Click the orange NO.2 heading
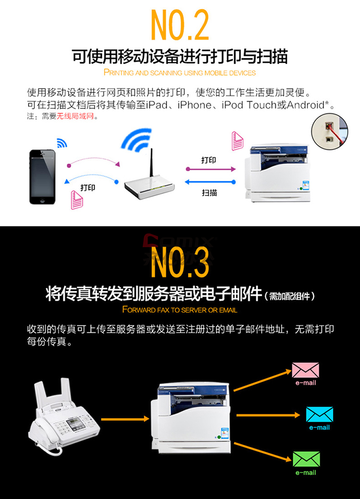(180, 24)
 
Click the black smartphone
(42, 177)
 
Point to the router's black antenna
(152, 163)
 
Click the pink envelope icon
(305, 370)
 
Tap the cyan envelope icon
(319, 414)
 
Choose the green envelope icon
(306, 459)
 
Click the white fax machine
(64, 416)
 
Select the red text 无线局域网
(75, 116)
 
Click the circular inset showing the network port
(329, 132)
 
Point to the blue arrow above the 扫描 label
(210, 182)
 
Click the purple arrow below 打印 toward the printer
(211, 169)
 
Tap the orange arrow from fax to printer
(125, 419)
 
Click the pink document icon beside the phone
(77, 200)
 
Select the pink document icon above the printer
(237, 141)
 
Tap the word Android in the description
(305, 105)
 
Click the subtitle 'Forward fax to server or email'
(180, 310)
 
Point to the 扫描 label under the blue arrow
(209, 193)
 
